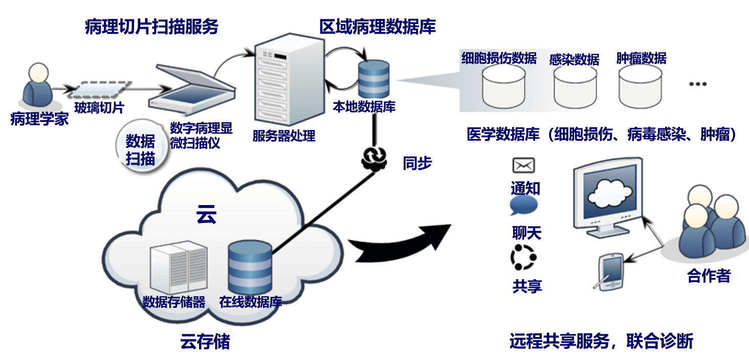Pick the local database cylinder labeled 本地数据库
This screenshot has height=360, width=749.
click(x=373, y=79)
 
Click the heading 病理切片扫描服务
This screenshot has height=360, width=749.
click(x=151, y=27)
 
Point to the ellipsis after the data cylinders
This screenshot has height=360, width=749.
click(x=698, y=84)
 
